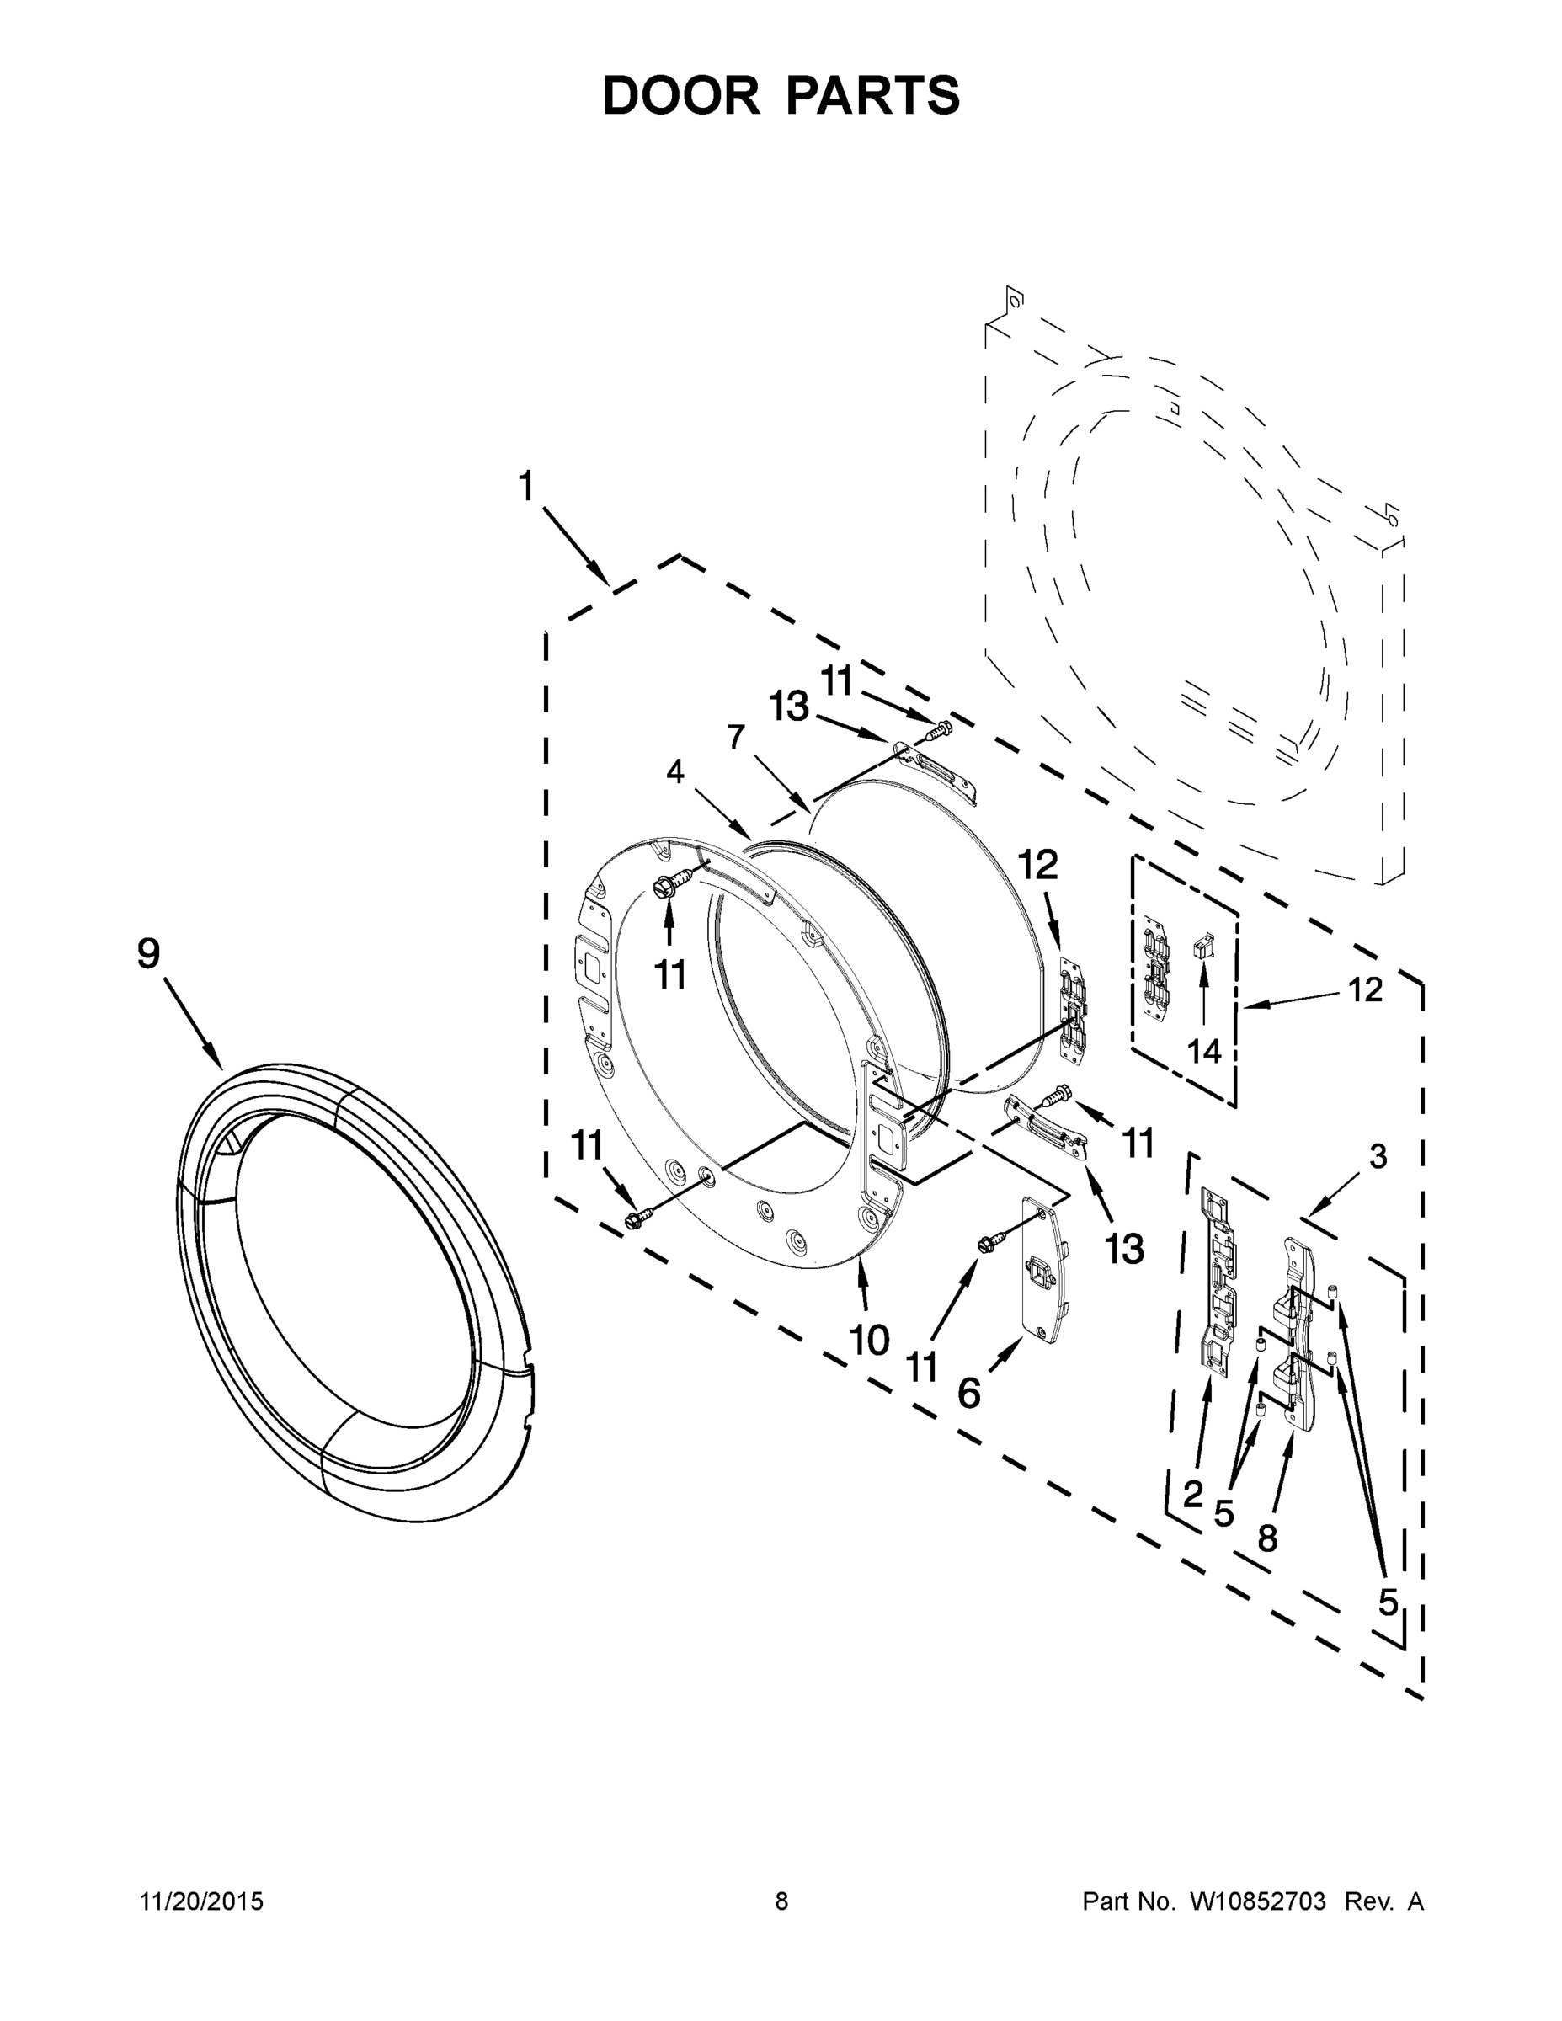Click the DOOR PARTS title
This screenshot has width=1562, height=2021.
click(781, 95)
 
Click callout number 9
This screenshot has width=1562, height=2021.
click(148, 953)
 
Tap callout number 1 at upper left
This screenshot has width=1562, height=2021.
click(525, 487)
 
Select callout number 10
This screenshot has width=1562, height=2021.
click(869, 1338)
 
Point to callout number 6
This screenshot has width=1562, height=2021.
click(968, 1392)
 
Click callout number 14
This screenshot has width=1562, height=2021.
click(1204, 1050)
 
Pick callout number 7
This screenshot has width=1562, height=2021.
click(736, 738)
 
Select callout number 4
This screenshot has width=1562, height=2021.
click(675, 771)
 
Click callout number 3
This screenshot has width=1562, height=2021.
click(1378, 1156)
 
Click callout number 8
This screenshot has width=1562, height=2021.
click(1266, 1537)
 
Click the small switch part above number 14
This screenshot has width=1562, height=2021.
click(1203, 947)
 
